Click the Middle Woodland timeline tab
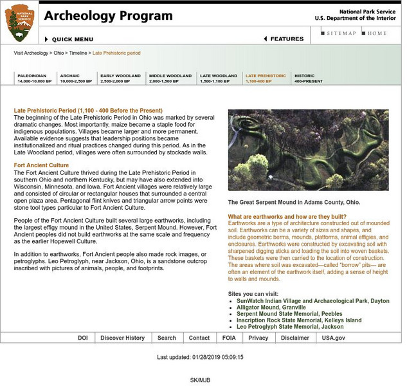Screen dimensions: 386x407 point(170,78)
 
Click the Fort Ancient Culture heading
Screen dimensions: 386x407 point(41,165)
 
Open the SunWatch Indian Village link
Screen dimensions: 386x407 point(312,300)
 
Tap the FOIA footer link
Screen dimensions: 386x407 point(229,338)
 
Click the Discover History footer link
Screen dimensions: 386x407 point(122,338)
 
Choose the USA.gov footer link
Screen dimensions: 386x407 point(333,338)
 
